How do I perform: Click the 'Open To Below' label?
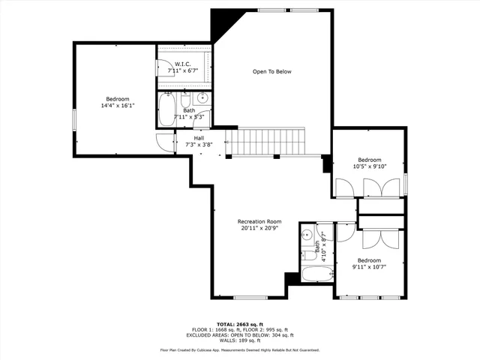click(x=271, y=72)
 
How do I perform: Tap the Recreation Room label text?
click(x=259, y=221)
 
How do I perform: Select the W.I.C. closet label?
click(x=183, y=64)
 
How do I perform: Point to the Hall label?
click(x=199, y=138)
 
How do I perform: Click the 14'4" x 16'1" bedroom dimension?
click(x=117, y=106)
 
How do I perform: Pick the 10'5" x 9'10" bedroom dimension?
click(x=369, y=166)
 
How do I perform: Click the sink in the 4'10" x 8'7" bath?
click(x=306, y=233)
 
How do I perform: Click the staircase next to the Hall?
click(x=267, y=140)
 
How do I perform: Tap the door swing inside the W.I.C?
click(x=165, y=67)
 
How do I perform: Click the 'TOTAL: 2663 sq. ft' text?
click(x=239, y=322)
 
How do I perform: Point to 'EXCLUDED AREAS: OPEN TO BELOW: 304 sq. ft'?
click(x=239, y=334)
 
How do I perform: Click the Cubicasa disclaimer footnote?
click(x=239, y=349)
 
